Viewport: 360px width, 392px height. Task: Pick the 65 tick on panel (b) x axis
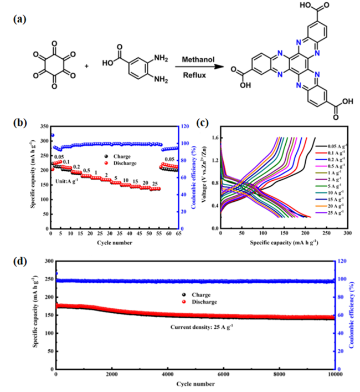coord(177,234)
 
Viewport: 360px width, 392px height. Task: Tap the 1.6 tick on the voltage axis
coord(214,137)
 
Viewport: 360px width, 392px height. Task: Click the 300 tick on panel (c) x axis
coord(347,234)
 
